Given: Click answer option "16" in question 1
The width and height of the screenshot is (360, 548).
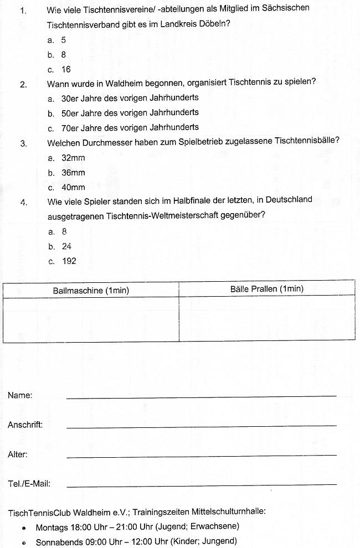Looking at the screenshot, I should (x=66, y=70).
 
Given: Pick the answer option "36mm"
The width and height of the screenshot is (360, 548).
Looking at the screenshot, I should (x=73, y=173).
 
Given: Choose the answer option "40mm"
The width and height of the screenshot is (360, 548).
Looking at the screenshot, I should (x=73, y=188).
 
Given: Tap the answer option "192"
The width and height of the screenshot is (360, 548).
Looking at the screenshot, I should (x=69, y=261).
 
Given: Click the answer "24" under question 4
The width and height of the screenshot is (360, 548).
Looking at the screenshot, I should (x=66, y=246).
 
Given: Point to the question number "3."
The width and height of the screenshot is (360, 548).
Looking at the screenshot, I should (x=24, y=143).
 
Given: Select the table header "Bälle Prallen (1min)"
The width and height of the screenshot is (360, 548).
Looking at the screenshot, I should (x=266, y=289).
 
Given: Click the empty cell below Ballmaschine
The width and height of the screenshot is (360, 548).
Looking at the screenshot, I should (x=91, y=319).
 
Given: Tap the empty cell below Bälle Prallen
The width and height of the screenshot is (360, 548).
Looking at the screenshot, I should (x=266, y=318).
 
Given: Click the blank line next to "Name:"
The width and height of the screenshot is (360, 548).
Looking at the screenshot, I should (x=201, y=395).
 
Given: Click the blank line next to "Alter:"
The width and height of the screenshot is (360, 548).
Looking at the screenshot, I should (x=201, y=454).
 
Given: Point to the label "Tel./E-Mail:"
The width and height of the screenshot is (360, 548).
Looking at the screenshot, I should (x=29, y=484).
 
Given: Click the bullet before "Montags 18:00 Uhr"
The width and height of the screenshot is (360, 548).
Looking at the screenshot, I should (x=25, y=528).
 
